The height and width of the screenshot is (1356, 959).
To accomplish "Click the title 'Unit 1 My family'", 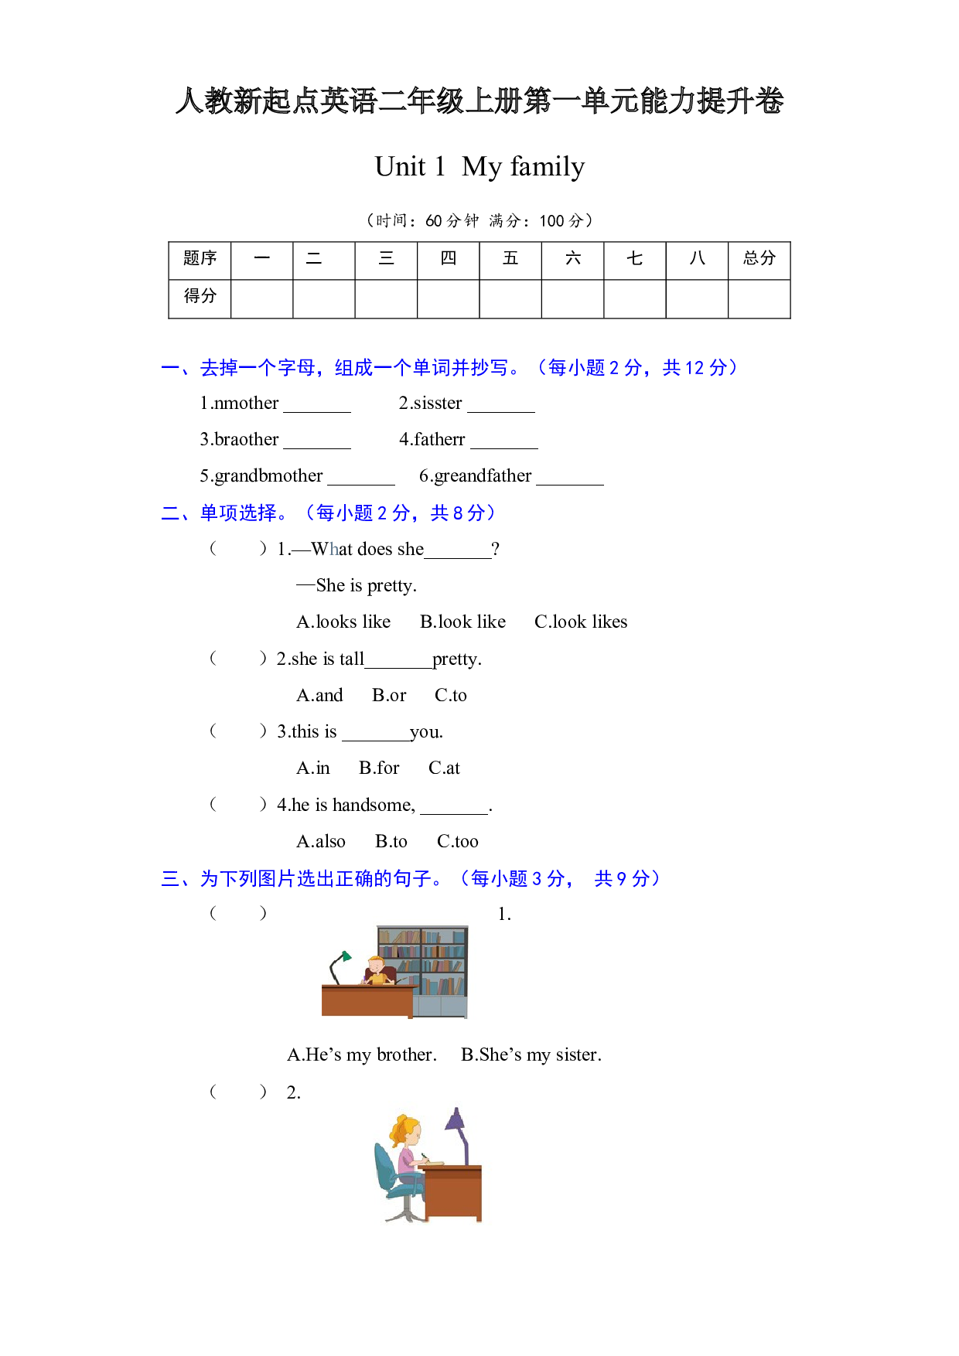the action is pyautogui.click(x=479, y=167).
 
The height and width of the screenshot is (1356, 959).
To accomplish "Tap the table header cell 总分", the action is pyautogui.click(x=759, y=259).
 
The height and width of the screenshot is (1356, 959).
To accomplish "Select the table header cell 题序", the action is pyautogui.click(x=200, y=259).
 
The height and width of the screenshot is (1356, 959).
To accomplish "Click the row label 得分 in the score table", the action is pyautogui.click(x=200, y=297).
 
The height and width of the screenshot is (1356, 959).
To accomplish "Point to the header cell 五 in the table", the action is pyautogui.click(x=510, y=259).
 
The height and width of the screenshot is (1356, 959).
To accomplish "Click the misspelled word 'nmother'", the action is pyautogui.click(x=246, y=404).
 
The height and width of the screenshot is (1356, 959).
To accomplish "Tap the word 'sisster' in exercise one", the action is pyautogui.click(x=438, y=404).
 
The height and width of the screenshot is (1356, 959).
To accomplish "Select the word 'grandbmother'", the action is pyautogui.click(x=268, y=476).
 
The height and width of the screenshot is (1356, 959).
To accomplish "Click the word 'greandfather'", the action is pyautogui.click(x=483, y=476).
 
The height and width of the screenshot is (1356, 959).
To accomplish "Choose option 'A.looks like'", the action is pyautogui.click(x=343, y=622).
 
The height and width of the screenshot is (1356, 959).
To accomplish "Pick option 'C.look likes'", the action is pyautogui.click(x=581, y=622).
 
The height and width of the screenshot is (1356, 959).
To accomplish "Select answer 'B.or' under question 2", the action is pyautogui.click(x=389, y=696).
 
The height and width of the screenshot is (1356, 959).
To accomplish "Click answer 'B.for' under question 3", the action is pyautogui.click(x=379, y=768).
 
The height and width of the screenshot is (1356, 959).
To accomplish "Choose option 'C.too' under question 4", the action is pyautogui.click(x=458, y=842).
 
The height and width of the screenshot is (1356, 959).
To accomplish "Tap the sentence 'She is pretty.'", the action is pyautogui.click(x=366, y=586).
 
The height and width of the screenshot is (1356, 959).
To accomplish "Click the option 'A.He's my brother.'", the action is pyautogui.click(x=362, y=1055).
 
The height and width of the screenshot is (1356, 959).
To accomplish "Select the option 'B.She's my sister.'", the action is pyautogui.click(x=531, y=1055).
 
